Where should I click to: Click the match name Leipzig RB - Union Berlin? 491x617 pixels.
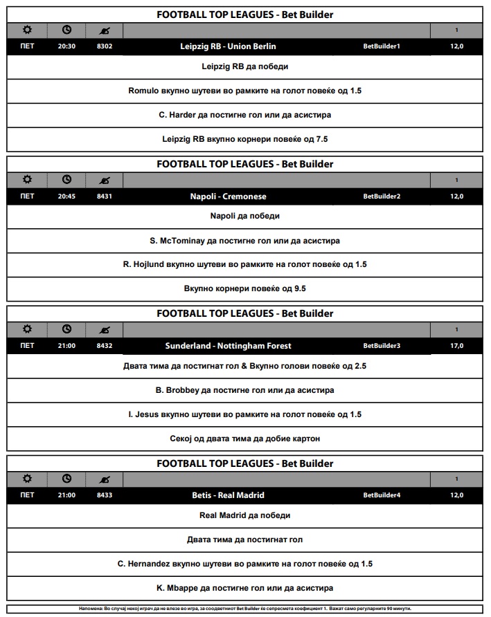[x=227, y=46]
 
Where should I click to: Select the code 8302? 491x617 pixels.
[x=105, y=46]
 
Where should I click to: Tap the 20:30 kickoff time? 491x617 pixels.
[x=66, y=46]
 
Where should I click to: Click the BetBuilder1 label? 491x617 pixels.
[x=382, y=46]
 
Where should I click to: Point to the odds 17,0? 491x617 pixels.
[x=456, y=346]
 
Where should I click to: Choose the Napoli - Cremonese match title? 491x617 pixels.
[x=228, y=196]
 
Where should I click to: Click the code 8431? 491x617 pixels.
[x=105, y=196]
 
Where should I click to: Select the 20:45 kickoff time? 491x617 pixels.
[x=66, y=196]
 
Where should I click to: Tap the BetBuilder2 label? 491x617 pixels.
[x=382, y=196]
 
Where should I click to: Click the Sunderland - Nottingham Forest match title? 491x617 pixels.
[x=228, y=346]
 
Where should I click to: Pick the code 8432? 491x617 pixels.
[x=105, y=346]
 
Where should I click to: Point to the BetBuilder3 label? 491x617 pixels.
[x=382, y=346]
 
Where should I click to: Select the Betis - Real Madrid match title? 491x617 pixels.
[x=228, y=495]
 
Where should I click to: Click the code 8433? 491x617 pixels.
[x=105, y=495]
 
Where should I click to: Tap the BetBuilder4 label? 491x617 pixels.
[x=382, y=495]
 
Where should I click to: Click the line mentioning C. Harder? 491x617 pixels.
[x=244, y=115]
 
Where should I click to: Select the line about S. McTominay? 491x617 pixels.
[x=244, y=241]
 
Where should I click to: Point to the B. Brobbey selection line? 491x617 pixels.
[x=244, y=390]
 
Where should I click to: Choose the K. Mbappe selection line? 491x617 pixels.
[x=244, y=588]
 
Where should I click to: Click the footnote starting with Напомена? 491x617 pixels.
[x=244, y=609]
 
